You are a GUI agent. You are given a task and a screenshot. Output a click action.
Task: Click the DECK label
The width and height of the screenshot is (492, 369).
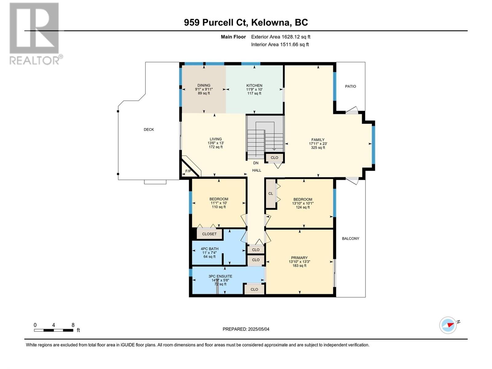pyautogui.click(x=149, y=129)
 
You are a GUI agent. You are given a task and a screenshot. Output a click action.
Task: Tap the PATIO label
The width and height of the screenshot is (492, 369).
pyautogui.click(x=350, y=86)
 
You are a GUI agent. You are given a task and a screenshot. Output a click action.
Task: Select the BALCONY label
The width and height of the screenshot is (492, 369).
pyautogui.click(x=350, y=239)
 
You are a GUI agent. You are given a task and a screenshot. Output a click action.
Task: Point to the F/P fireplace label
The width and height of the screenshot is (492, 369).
pyautogui.click(x=188, y=171)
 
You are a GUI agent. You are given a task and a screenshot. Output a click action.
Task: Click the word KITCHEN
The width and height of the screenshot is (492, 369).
pyautogui.click(x=254, y=85)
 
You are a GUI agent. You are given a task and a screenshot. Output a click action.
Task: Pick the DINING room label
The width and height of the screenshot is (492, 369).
pyautogui.click(x=204, y=85)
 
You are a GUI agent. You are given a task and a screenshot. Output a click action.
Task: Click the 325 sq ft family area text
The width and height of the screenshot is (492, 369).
pyautogui.click(x=318, y=148)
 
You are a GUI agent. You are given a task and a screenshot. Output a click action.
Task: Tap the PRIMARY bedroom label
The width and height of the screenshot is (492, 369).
pyautogui.click(x=299, y=258)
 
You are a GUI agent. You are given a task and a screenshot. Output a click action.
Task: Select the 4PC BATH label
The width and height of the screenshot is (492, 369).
pyautogui.click(x=209, y=249)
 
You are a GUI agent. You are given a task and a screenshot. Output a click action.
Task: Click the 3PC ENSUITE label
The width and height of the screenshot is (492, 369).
pyautogui.click(x=220, y=276)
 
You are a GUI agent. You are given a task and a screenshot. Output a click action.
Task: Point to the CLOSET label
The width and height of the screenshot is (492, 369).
pyautogui.click(x=209, y=234)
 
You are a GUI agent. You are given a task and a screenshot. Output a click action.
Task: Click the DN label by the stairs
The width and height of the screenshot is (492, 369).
pyautogui.click(x=256, y=163)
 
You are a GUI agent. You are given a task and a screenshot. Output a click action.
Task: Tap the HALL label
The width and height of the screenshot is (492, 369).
pyautogui.click(x=257, y=170)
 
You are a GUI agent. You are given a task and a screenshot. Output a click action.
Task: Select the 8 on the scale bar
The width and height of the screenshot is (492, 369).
pyautogui.click(x=73, y=325)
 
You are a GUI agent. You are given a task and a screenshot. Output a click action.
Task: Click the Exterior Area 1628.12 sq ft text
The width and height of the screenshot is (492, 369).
pyautogui.click(x=281, y=37)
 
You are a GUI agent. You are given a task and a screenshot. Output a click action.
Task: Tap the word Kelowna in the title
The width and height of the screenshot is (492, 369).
pyautogui.click(x=270, y=22)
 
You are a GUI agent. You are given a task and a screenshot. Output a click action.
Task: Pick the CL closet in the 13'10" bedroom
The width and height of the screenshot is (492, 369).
pyautogui.click(x=271, y=194)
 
